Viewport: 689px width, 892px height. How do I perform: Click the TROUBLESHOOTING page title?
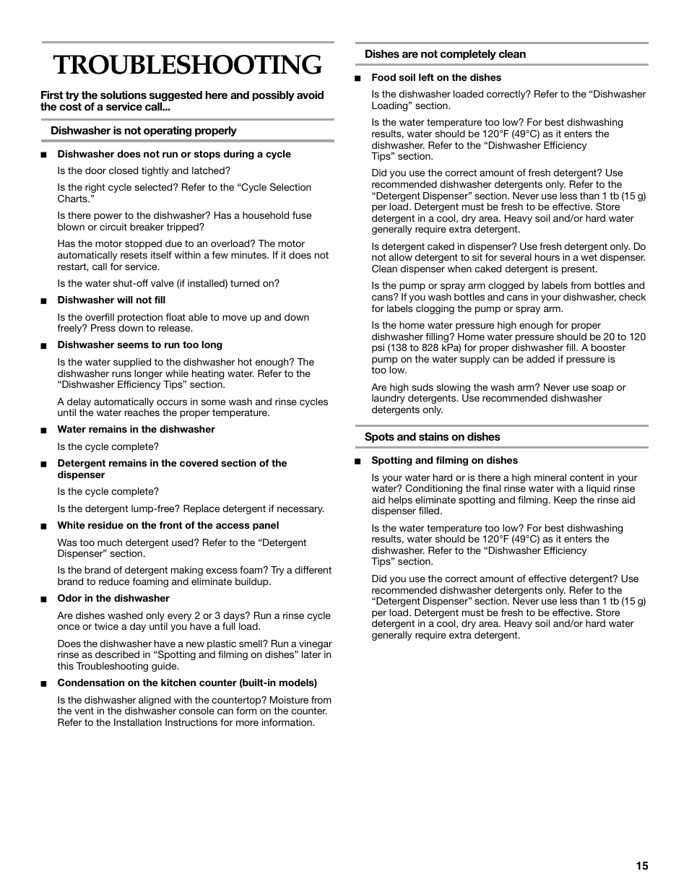click(x=188, y=66)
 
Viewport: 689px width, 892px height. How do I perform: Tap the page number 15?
click(x=642, y=866)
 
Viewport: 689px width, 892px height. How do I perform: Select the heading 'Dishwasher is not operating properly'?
click(x=143, y=131)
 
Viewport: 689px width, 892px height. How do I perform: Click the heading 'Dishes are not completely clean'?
click(x=445, y=54)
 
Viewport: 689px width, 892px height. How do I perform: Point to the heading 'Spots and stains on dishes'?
click(x=432, y=437)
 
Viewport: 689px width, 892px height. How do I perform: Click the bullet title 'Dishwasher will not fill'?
click(x=111, y=300)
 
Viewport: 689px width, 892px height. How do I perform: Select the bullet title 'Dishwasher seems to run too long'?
click(x=139, y=345)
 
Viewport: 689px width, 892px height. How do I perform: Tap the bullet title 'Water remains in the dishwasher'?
click(x=136, y=430)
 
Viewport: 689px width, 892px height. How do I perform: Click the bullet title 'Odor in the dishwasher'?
click(x=113, y=599)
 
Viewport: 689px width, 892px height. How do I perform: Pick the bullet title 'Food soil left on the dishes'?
click(x=436, y=78)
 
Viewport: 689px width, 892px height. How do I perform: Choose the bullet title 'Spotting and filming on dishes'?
click(x=444, y=461)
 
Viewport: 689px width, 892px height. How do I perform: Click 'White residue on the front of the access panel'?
click(x=168, y=526)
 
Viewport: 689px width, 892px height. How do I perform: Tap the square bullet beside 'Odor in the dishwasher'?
click(x=44, y=599)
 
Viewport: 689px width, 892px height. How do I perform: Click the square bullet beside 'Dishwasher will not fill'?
click(x=44, y=301)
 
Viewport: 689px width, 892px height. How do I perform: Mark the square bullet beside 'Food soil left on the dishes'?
click(x=357, y=79)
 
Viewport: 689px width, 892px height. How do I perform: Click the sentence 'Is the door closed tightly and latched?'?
click(x=144, y=171)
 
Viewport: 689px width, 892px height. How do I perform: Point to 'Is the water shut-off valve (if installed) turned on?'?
click(x=168, y=284)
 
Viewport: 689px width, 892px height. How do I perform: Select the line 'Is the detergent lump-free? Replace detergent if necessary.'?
click(x=191, y=509)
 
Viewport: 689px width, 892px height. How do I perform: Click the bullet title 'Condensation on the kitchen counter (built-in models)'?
click(x=187, y=683)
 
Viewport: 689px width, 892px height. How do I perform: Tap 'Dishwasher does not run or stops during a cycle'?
click(x=174, y=155)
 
